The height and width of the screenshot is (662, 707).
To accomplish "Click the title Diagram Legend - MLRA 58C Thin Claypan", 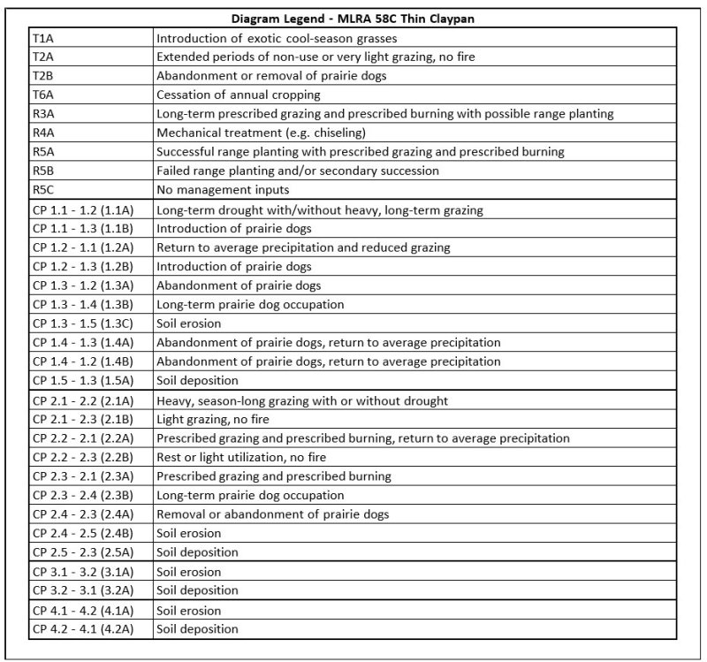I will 353,19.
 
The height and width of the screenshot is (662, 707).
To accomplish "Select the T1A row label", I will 42,38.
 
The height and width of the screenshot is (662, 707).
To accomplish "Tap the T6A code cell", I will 43,95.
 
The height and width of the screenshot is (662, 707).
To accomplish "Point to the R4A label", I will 43,133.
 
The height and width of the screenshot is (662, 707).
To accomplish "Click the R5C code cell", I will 43,190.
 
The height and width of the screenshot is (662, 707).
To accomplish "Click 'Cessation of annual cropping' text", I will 238,95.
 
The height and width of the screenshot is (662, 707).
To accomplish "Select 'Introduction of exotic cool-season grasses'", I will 276,38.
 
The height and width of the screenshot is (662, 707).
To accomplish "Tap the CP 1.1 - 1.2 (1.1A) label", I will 83,209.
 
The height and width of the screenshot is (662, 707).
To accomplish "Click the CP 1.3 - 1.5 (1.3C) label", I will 83,323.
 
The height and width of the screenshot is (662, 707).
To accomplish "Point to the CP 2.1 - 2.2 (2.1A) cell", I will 83,400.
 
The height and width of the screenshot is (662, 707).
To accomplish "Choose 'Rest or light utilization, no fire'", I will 245,457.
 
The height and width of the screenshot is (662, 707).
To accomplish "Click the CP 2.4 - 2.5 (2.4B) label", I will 83,533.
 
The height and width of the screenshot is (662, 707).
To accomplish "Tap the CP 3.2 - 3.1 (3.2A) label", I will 83,590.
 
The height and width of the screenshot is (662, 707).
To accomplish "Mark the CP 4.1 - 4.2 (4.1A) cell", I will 83,610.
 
